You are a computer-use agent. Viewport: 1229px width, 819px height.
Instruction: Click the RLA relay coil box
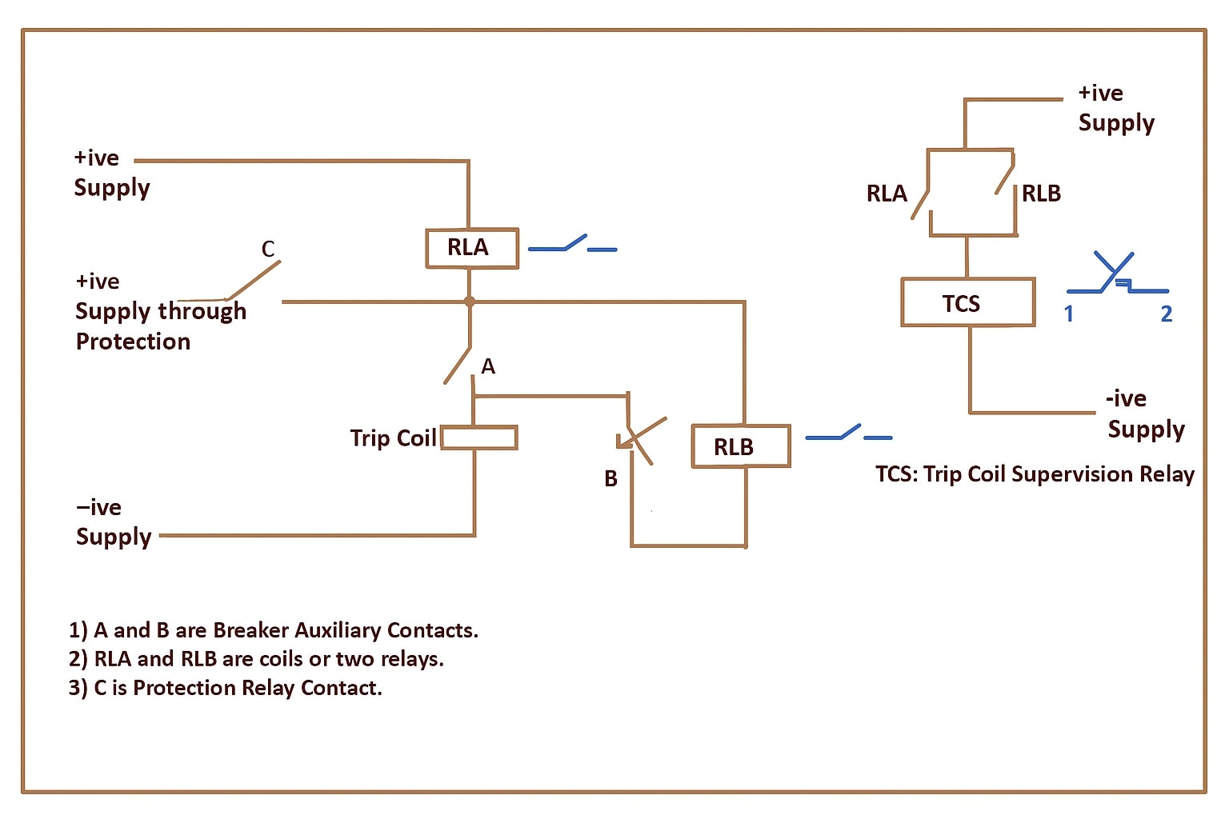pyautogui.click(x=471, y=249)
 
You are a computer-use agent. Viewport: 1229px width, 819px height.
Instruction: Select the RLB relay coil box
pyautogui.click(x=740, y=446)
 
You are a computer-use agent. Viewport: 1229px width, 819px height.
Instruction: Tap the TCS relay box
pyautogui.click(x=967, y=302)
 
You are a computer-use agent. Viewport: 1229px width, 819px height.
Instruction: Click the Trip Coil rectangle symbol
pyautogui.click(x=478, y=437)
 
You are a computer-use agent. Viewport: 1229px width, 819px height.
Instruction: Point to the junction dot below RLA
pyautogui.click(x=470, y=302)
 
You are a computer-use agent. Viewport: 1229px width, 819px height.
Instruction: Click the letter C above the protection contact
pyautogui.click(x=268, y=250)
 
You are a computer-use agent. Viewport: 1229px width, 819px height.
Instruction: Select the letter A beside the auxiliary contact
pyautogui.click(x=488, y=366)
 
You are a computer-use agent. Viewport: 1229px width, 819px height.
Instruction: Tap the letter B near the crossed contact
pyautogui.click(x=610, y=478)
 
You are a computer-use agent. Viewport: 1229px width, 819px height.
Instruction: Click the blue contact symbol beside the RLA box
pyautogui.click(x=572, y=244)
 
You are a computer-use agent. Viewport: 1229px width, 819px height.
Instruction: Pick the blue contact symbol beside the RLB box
pyautogui.click(x=848, y=433)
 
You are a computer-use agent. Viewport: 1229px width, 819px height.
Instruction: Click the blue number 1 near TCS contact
pyautogui.click(x=1068, y=314)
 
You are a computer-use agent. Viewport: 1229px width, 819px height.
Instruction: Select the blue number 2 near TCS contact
pyautogui.click(x=1166, y=314)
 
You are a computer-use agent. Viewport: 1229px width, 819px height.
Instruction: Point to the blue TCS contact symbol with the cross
pyautogui.click(x=1116, y=274)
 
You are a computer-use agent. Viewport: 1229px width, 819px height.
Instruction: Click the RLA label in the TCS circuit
pyautogui.click(x=887, y=194)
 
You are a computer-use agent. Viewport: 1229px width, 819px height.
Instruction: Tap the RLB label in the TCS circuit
pyautogui.click(x=1041, y=194)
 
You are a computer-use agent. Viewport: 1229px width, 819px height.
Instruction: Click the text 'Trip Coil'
pyautogui.click(x=393, y=438)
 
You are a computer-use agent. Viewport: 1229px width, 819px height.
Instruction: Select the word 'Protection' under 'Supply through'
pyautogui.click(x=133, y=342)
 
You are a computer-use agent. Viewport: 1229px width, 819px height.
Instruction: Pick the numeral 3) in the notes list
pyautogui.click(x=78, y=688)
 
